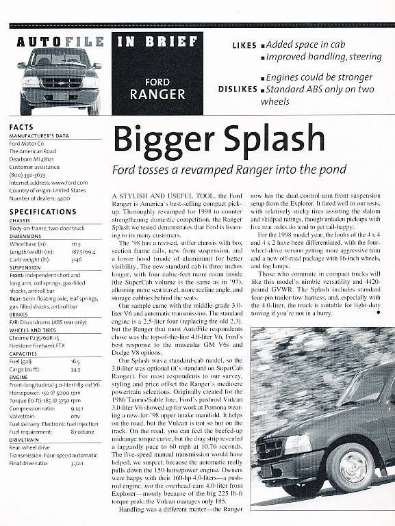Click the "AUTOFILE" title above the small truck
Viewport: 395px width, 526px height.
pos(59,41)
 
